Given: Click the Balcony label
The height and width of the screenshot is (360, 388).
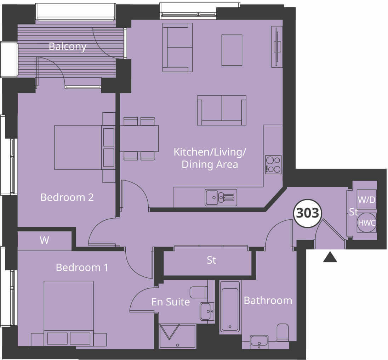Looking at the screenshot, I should [x=68, y=46].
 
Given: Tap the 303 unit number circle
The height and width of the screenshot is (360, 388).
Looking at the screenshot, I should [x=308, y=213].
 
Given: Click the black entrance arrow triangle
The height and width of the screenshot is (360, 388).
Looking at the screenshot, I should [x=330, y=257].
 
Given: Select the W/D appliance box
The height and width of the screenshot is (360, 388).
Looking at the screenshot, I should [x=366, y=199].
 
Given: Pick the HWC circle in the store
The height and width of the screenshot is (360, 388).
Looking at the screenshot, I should [x=366, y=223].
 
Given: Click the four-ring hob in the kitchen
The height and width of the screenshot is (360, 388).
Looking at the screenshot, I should [x=273, y=165].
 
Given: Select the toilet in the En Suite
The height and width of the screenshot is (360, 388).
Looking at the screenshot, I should [x=198, y=292].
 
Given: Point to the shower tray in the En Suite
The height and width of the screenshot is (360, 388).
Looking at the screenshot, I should [x=177, y=336].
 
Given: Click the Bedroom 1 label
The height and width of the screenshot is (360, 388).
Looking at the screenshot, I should [x=82, y=268].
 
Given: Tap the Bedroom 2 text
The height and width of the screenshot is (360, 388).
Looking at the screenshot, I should [x=67, y=197].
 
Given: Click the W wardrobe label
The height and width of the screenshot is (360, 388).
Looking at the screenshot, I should [x=44, y=241].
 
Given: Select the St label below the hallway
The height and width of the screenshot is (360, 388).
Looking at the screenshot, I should [x=211, y=260].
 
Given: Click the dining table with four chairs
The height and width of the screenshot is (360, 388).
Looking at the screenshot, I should [x=139, y=139].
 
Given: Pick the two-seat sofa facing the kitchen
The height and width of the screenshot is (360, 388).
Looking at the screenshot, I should [x=222, y=110].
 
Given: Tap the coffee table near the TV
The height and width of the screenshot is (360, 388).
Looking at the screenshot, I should [x=232, y=50].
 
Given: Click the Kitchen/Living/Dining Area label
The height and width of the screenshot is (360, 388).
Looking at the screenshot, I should [x=210, y=158].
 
